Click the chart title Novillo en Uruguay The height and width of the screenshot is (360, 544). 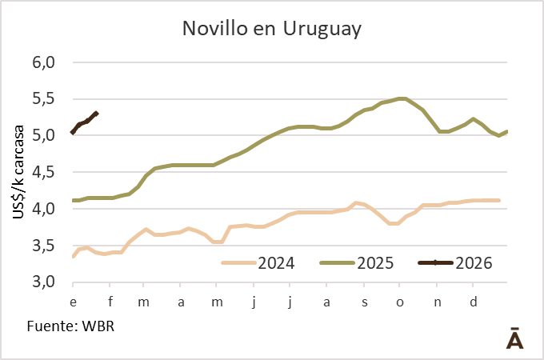[x=272, y=30]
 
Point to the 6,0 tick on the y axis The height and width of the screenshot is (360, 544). [x=42, y=62]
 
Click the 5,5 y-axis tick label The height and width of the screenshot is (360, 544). [x=42, y=99]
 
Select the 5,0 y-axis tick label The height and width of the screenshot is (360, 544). [x=42, y=135]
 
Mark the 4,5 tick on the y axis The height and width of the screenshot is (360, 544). [x=42, y=172]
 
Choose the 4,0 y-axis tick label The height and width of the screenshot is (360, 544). [x=42, y=209]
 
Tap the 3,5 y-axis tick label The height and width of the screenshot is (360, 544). [x=42, y=246]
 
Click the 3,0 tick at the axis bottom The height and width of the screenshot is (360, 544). [x=42, y=282]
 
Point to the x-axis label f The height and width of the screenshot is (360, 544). [x=110, y=302]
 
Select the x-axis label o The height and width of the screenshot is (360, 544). [x=400, y=302]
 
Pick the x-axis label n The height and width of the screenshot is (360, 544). [x=437, y=302]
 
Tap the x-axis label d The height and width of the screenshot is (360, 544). [x=474, y=302]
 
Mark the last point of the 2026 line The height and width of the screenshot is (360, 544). [x=96, y=113]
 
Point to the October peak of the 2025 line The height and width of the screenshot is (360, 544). [x=402, y=98]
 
